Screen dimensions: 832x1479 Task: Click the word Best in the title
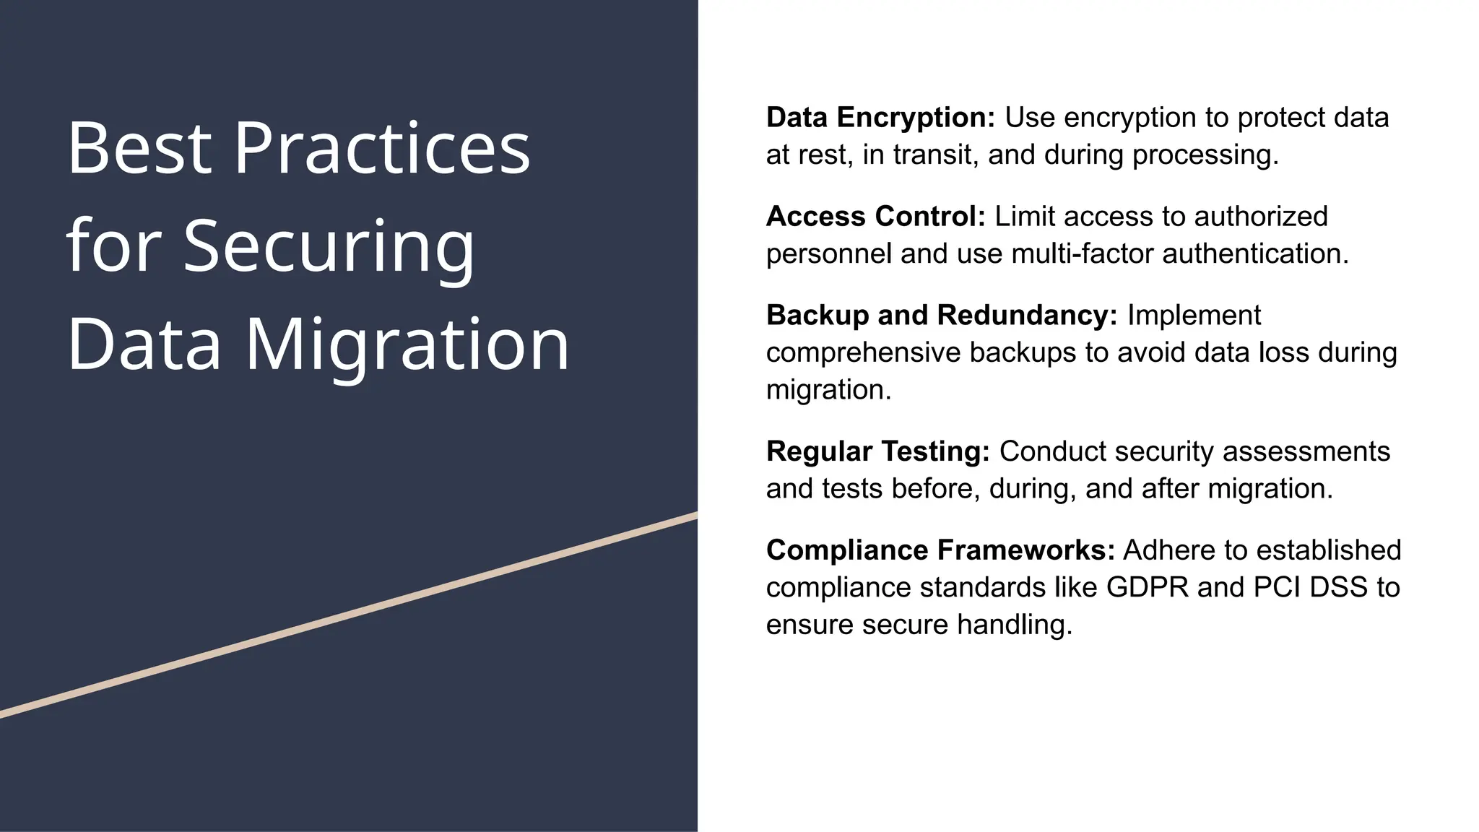pyautogui.click(x=139, y=148)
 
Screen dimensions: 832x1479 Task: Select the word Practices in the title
pyautogui.click(x=382, y=148)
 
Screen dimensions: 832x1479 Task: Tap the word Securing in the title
pyautogui.click(x=329, y=247)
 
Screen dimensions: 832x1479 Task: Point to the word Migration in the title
pyautogui.click(x=407, y=345)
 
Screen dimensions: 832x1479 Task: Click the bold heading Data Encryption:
pyautogui.click(x=880, y=118)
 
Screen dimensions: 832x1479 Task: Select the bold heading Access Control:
pyautogui.click(x=875, y=217)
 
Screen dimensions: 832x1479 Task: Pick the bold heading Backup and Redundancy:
pyautogui.click(x=942, y=316)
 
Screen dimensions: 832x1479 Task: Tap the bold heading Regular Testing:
pyautogui.click(x=877, y=451)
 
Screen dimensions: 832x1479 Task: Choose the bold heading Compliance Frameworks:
pyautogui.click(x=940, y=550)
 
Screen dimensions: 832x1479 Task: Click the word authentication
pyautogui.click(x=1254, y=254)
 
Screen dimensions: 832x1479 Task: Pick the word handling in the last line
pyautogui.click(x=1014, y=625)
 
